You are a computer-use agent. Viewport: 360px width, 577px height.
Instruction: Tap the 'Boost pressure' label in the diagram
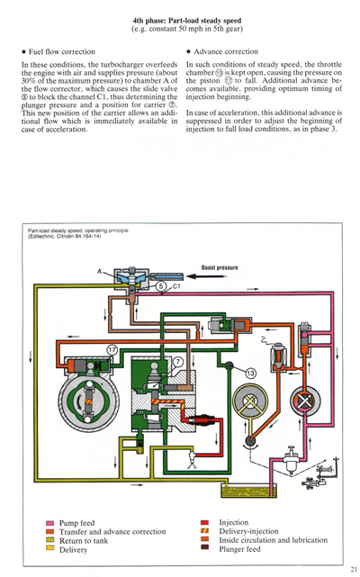pyautogui.click(x=219, y=267)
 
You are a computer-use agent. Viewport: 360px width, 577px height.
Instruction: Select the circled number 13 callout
pyautogui.click(x=250, y=372)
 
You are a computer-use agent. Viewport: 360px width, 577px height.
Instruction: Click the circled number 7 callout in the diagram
pyautogui.click(x=177, y=361)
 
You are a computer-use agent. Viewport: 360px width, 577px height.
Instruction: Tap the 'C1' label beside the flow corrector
pyautogui.click(x=177, y=286)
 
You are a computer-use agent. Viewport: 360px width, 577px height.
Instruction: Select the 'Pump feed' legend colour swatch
pyautogui.click(x=49, y=523)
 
